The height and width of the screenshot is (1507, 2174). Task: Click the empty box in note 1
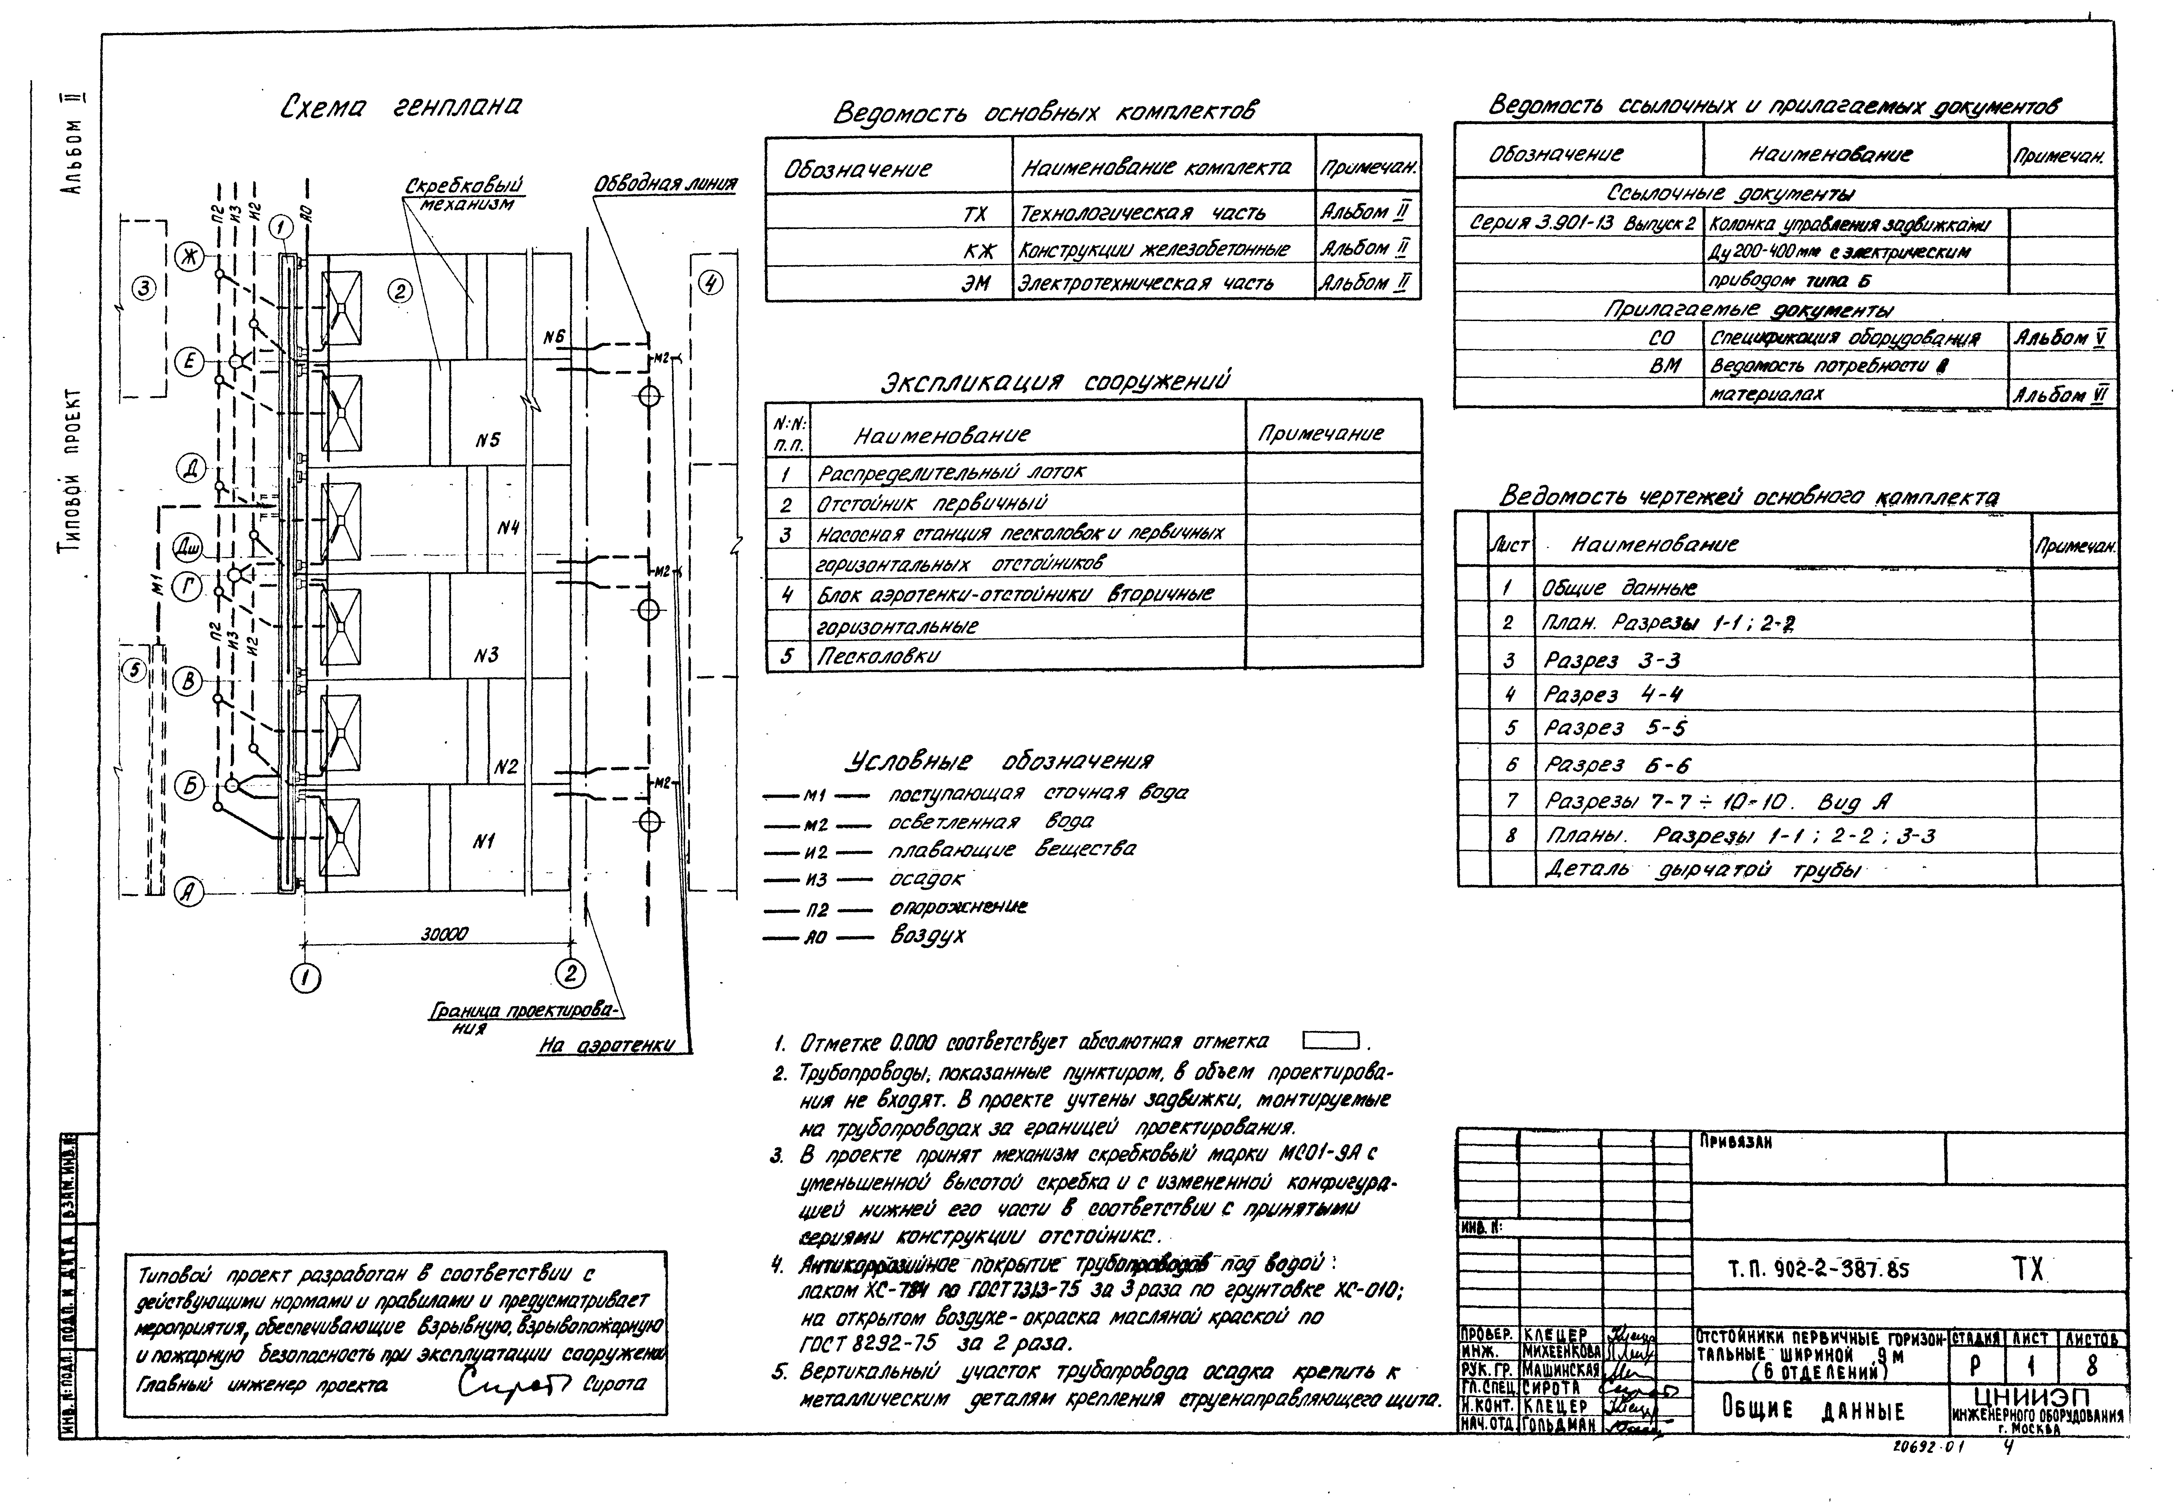click(x=1330, y=1041)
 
